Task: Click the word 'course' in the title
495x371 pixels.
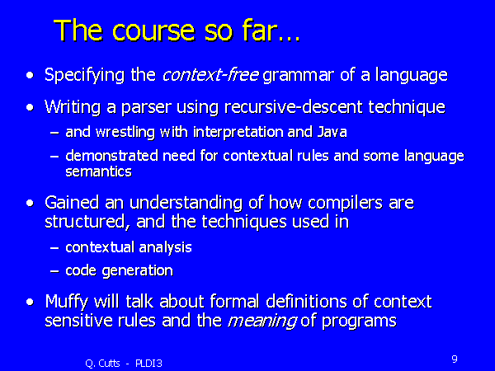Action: coord(153,31)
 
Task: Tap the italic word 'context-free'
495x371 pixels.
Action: coord(210,75)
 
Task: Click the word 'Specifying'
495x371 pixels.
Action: coord(84,76)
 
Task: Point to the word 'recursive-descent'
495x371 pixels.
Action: coord(293,107)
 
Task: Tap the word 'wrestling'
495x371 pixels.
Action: coord(125,133)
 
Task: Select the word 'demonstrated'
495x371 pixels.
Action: coord(111,156)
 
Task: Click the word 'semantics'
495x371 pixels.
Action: coord(98,172)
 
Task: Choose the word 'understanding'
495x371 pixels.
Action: coord(186,204)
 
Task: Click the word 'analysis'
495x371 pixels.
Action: coord(165,248)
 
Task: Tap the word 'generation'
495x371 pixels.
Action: coord(137,271)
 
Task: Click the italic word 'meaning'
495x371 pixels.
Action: coord(262,322)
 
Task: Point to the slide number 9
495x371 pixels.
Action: coord(455,359)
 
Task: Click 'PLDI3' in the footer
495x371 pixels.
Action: coord(148,364)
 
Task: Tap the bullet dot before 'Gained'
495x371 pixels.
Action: coord(30,203)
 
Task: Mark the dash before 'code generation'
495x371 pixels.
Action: coord(54,271)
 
